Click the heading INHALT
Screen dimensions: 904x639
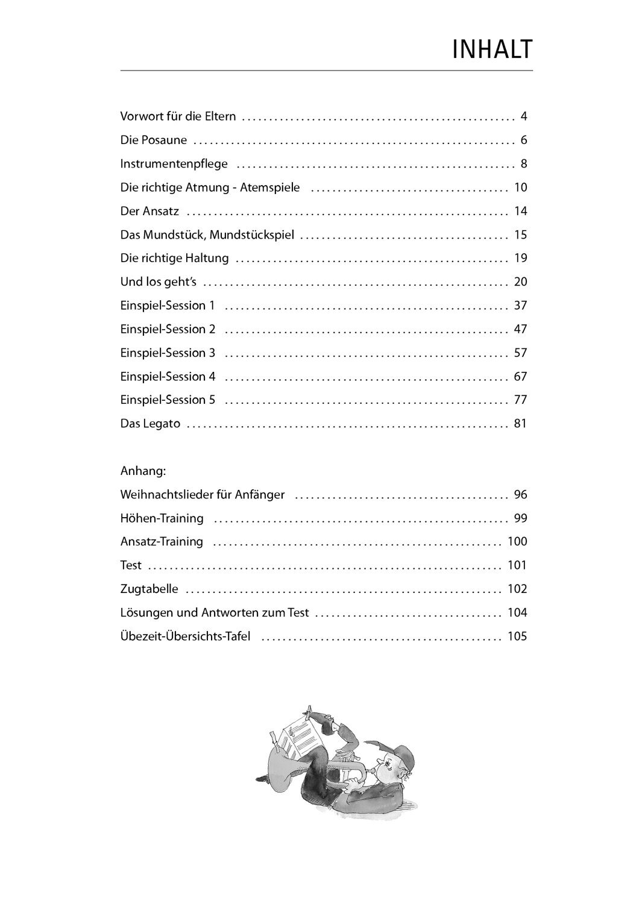[x=492, y=50]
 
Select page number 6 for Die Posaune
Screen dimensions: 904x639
[x=524, y=140]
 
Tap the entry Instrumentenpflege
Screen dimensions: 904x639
[x=174, y=164]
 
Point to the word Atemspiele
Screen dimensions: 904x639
[x=269, y=187]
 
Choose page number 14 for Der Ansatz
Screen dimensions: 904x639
[x=520, y=211]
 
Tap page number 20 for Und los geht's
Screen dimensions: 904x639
[x=520, y=281]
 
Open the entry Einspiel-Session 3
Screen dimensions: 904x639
[x=168, y=353]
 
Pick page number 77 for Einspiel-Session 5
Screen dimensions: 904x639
[x=520, y=400]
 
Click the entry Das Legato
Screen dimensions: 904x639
[x=150, y=424]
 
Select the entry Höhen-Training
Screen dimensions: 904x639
[x=162, y=518]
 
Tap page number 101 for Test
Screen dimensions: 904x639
[x=517, y=565]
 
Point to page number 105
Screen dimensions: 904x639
[x=517, y=636]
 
